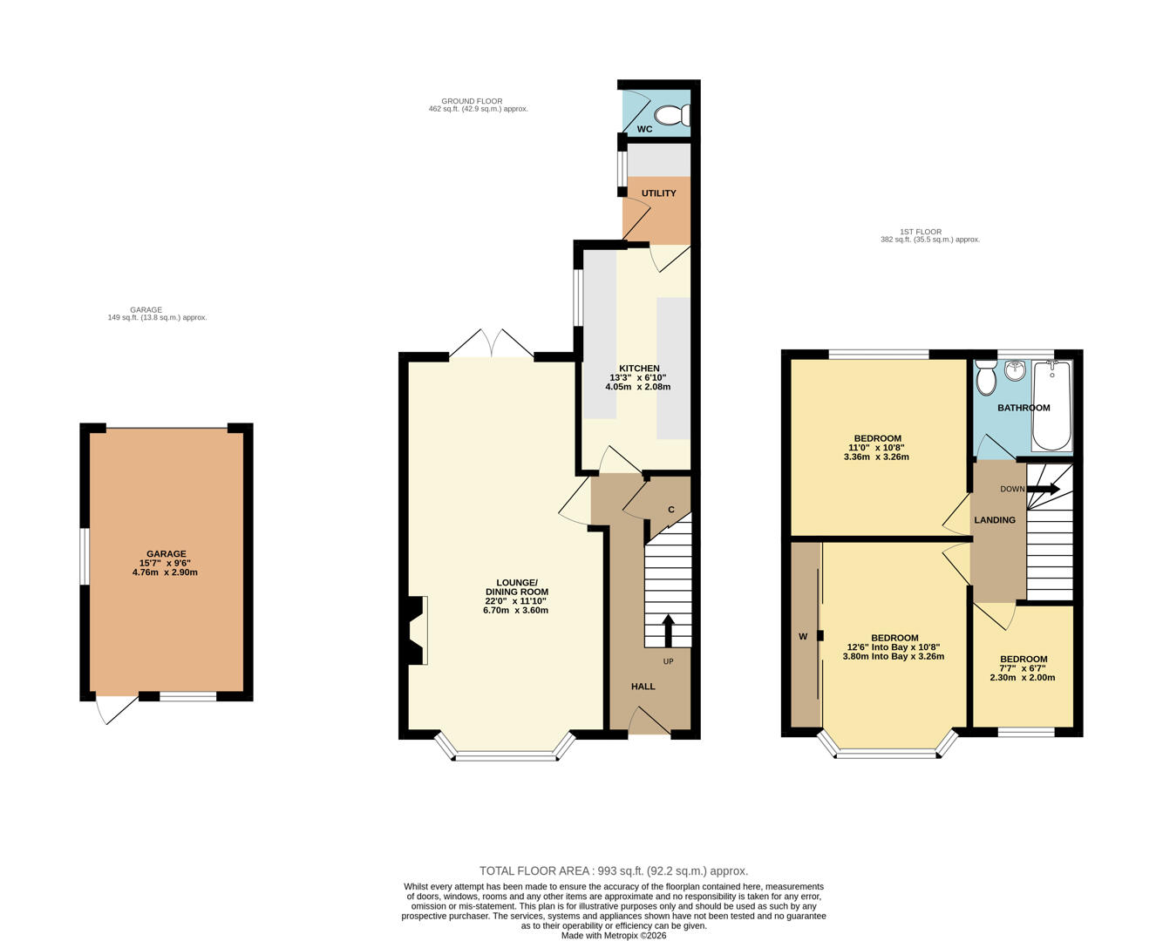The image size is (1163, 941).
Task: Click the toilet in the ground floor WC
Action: pos(673,115)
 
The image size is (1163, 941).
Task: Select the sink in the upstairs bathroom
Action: pos(1014,371)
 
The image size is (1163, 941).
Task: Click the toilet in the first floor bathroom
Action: pos(986,379)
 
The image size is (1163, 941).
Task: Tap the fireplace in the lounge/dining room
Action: pos(416,630)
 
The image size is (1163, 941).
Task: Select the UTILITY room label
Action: pos(658,193)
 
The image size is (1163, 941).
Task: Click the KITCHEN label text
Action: pos(639,369)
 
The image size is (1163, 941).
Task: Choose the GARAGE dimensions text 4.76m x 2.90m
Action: pos(166,572)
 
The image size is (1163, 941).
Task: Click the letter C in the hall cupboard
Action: pos(671,510)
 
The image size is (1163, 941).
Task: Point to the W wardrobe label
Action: pos(803,637)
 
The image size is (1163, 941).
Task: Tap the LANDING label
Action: pos(995,520)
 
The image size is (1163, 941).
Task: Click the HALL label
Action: pos(643,687)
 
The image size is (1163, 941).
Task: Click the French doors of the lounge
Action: pos(492,344)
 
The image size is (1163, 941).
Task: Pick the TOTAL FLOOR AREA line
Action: pos(614,870)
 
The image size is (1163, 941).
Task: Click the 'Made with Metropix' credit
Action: pos(614,935)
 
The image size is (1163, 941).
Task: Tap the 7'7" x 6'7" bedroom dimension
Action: pos(1023,668)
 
